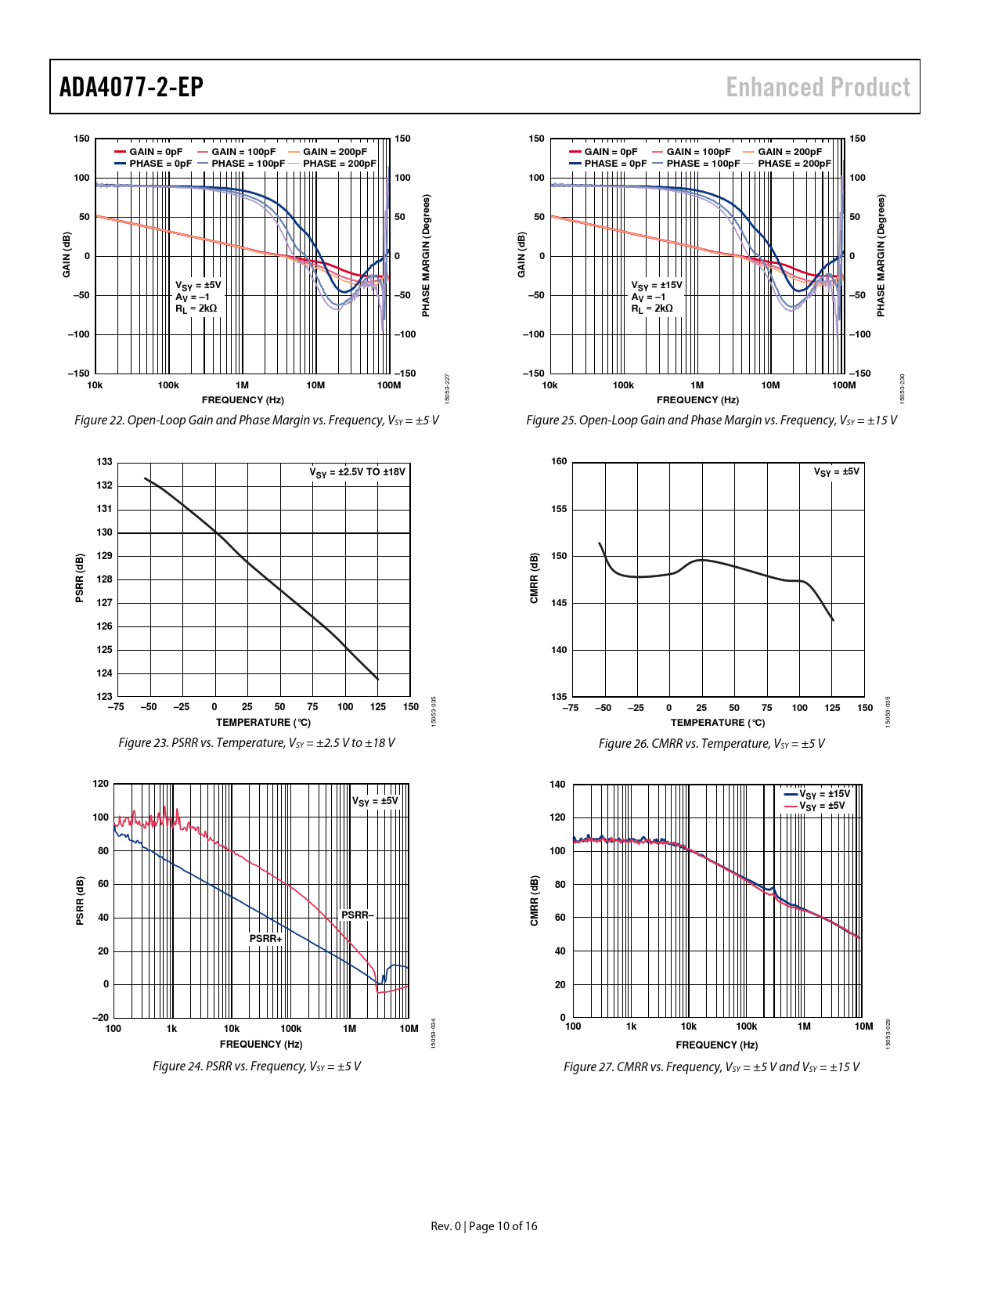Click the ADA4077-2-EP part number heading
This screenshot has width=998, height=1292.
(x=132, y=87)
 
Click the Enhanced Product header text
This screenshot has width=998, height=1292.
(x=818, y=87)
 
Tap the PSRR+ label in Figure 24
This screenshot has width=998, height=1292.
(x=265, y=938)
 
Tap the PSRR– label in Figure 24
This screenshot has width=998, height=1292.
(x=358, y=915)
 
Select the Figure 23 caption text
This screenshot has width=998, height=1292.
(x=256, y=742)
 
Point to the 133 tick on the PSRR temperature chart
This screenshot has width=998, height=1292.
(x=104, y=462)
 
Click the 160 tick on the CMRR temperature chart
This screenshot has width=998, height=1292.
(x=559, y=461)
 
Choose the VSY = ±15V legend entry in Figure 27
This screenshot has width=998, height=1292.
(x=823, y=794)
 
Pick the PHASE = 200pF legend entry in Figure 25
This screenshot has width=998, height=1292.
(x=794, y=164)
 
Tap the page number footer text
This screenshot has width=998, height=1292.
(x=484, y=1225)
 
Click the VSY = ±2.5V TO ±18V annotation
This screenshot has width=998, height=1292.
(x=357, y=472)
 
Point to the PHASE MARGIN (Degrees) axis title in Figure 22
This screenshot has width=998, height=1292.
(x=427, y=256)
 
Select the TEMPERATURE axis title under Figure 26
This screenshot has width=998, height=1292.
(x=718, y=723)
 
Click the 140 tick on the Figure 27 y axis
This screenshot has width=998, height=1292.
(x=557, y=784)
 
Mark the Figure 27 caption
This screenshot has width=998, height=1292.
(x=711, y=1066)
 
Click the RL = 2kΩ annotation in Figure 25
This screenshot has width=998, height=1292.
(x=652, y=309)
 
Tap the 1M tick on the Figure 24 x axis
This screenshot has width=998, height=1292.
(x=349, y=1029)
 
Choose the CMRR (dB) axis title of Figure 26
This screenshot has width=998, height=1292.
(x=535, y=578)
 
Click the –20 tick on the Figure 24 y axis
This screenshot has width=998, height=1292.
(x=101, y=1018)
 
